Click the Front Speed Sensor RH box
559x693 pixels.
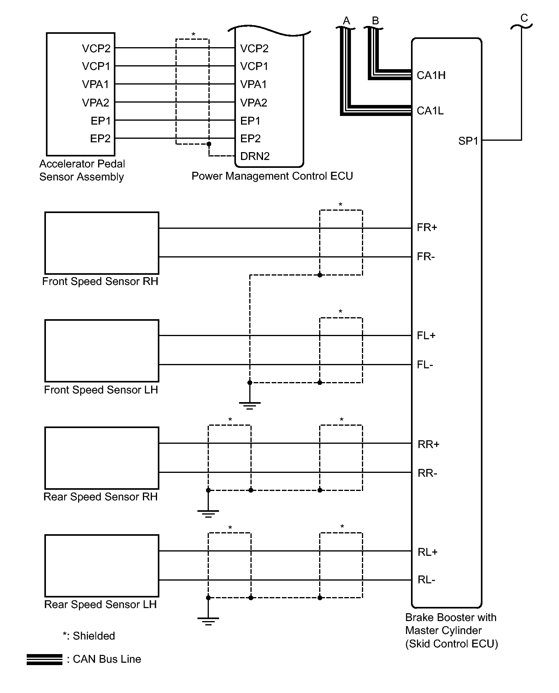[102, 243]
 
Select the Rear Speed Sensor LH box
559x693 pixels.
[102, 565]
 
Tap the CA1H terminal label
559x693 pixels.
[431, 75]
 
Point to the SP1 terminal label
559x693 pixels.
[468, 141]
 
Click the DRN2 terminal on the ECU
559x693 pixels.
[255, 156]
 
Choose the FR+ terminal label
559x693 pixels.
[427, 228]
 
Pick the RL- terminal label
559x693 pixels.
[426, 580]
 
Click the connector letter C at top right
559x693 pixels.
[524, 18]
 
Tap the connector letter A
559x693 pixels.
[346, 20]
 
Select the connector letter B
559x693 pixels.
[375, 20]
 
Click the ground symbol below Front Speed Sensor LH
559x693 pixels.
[249, 405]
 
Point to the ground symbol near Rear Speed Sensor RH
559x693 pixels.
[208, 513]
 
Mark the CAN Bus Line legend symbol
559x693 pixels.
[44, 659]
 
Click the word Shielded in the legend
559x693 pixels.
[94, 636]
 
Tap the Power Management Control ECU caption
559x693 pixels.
[272, 176]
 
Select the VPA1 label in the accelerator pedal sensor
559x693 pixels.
[95, 84]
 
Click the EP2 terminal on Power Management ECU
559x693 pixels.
[250, 139]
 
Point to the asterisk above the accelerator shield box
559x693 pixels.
[193, 35]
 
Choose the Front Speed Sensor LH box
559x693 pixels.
[102, 351]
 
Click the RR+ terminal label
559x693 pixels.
[428, 444]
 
